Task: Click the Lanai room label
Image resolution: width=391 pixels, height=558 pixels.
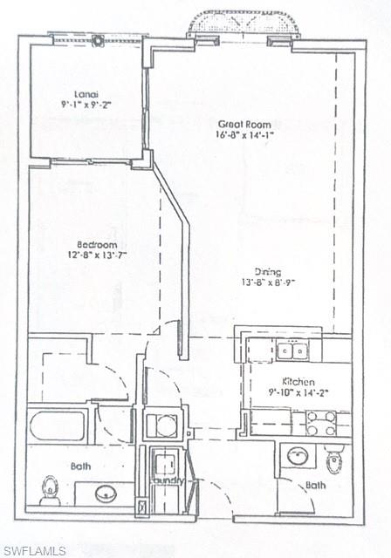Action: point(85,92)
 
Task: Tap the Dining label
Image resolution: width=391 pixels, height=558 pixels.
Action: point(267,271)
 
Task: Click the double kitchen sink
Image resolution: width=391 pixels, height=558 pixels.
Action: point(292,350)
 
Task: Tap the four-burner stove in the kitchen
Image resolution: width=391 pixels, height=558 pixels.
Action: point(320,424)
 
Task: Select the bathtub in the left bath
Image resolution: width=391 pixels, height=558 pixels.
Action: point(58,426)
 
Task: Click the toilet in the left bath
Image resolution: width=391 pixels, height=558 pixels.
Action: point(51,490)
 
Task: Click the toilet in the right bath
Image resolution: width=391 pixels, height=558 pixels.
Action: point(334,459)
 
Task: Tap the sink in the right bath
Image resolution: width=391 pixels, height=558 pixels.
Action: point(298,455)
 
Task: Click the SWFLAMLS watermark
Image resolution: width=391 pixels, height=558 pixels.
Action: point(35,550)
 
